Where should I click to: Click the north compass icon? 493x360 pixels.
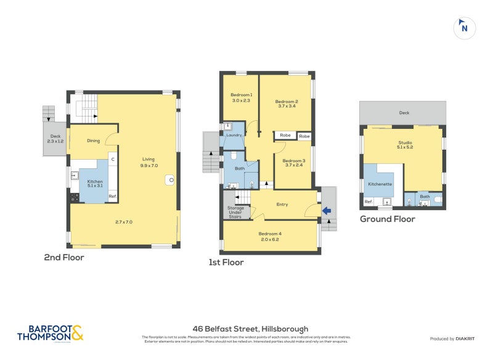465,28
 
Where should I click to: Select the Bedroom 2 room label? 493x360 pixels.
287,102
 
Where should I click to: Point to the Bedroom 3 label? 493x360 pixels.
293,161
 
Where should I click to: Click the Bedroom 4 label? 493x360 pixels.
271,234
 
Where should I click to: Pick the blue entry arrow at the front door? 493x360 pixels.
327,211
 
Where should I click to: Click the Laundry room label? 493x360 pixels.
234,135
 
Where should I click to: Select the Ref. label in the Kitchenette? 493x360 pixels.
369,202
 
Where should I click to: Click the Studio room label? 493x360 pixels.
405,143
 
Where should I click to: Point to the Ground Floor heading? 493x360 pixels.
387,219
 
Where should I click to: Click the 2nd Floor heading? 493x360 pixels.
64,258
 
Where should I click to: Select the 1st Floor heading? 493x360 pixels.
226,262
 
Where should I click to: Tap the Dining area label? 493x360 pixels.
93,141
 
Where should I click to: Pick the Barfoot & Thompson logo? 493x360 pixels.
50,333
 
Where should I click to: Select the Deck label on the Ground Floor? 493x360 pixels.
404,113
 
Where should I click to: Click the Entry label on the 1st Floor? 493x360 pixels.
282,204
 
